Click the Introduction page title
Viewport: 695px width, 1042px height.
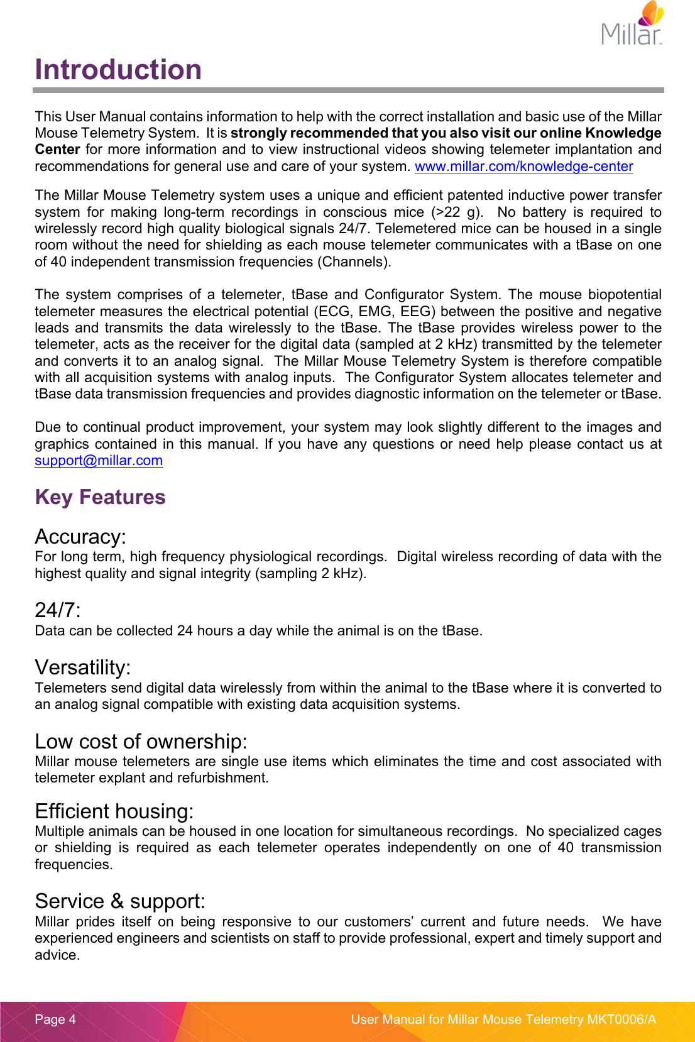[x=118, y=70]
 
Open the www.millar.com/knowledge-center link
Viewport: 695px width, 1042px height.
[x=523, y=167]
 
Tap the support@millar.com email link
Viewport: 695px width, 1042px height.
[x=99, y=461]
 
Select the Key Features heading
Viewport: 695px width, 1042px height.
[x=101, y=497]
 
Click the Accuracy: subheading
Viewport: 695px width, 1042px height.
[x=80, y=537]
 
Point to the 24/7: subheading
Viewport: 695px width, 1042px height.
[x=58, y=610]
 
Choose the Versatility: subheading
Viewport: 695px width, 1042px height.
[x=83, y=667]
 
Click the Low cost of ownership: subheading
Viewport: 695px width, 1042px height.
[x=141, y=742]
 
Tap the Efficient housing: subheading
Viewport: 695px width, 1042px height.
[x=114, y=811]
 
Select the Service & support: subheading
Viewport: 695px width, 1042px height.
[x=120, y=901]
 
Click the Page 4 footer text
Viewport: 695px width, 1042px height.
[x=55, y=1019]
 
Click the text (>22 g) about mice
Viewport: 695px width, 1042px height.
[x=456, y=212]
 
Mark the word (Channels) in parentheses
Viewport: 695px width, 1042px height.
[x=354, y=262]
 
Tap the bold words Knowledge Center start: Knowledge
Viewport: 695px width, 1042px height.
[x=623, y=133]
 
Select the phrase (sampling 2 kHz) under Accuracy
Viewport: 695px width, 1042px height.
[x=310, y=574]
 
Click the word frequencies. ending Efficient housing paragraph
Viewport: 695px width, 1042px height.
[x=74, y=865]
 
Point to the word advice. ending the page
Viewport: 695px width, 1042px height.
[x=57, y=955]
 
